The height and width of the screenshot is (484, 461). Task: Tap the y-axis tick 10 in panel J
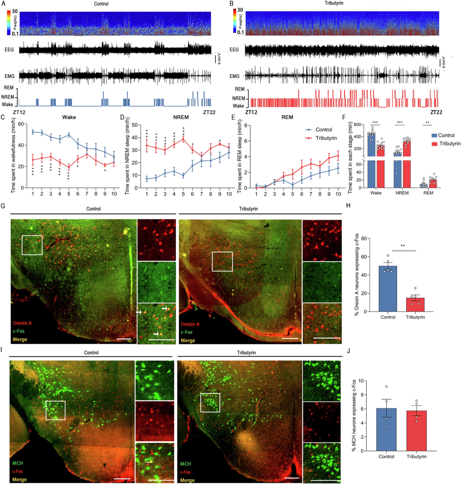[x=365, y=381]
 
